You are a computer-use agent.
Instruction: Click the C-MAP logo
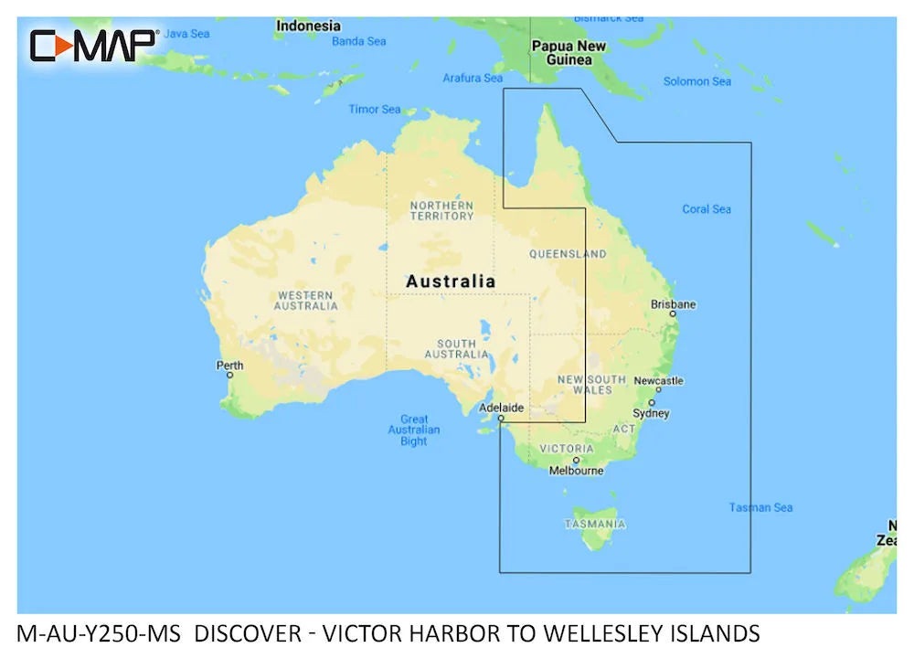[x=94, y=45]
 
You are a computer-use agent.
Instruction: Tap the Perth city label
[x=229, y=366]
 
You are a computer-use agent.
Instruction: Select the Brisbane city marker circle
[x=673, y=313]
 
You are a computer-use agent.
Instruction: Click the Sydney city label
[x=652, y=413]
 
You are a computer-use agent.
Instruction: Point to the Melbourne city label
[x=576, y=471]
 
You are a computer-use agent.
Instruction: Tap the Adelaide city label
[x=502, y=408]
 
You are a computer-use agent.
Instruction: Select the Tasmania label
[x=595, y=525]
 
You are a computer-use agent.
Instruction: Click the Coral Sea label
[x=707, y=209]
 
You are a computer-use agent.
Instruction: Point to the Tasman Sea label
[x=760, y=507]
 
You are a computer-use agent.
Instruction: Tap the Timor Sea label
[x=375, y=110]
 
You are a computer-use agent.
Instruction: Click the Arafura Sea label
[x=473, y=79]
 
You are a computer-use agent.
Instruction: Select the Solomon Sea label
[x=697, y=81]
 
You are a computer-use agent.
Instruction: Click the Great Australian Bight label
[x=414, y=430]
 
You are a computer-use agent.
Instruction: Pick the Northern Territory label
[x=441, y=210]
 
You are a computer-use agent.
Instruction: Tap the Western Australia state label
[x=306, y=300]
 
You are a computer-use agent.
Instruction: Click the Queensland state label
[x=568, y=254]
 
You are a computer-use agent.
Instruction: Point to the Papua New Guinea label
[x=569, y=53]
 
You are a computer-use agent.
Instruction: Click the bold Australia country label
[x=451, y=281]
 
